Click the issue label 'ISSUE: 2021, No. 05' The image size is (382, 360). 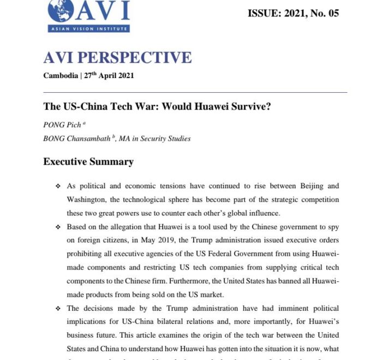click(293, 13)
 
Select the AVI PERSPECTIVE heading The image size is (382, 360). click(117, 57)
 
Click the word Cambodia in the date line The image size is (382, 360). click(60, 76)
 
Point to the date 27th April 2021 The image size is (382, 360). click(109, 76)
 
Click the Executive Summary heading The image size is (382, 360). click(88, 161)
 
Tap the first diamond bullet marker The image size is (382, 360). click(58, 187)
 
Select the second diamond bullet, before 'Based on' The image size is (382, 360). click(58, 227)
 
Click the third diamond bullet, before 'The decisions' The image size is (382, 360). click(58, 308)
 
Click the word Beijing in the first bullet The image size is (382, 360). click(307, 186)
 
